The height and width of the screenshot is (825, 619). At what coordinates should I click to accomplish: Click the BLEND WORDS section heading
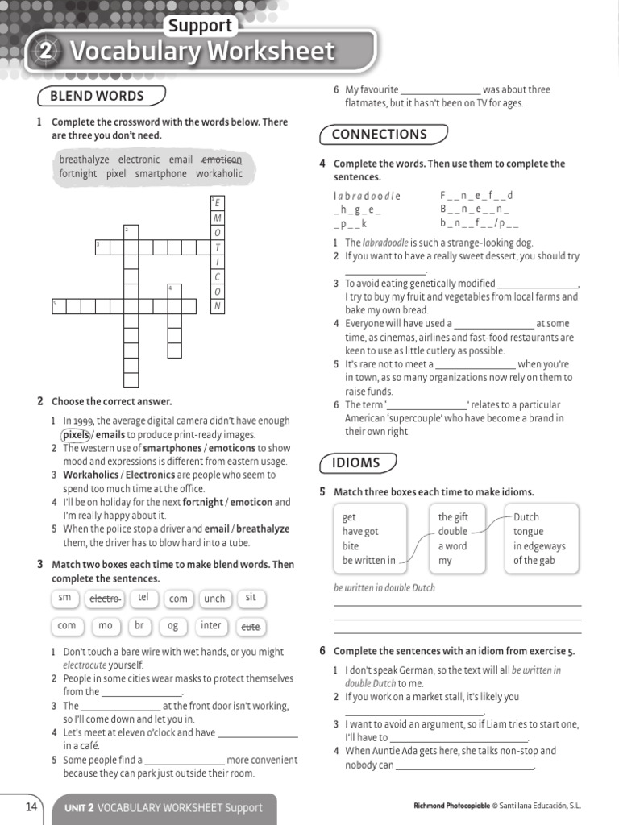click(97, 97)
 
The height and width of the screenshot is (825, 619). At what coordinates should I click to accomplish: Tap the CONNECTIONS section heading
click(379, 135)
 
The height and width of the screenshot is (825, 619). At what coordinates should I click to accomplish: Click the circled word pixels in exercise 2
click(77, 434)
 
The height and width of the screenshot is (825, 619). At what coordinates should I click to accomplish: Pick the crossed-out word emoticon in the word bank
click(221, 160)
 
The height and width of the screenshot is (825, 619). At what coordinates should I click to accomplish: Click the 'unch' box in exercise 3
click(214, 599)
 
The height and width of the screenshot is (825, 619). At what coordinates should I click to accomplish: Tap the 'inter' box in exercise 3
click(211, 626)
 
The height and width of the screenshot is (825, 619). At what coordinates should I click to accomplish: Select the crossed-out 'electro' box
click(105, 599)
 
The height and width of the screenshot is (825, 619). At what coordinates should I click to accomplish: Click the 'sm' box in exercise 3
click(65, 598)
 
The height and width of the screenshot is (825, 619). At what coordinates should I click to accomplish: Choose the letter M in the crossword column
click(218, 218)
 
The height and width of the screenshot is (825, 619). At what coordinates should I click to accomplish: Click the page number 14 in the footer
click(31, 806)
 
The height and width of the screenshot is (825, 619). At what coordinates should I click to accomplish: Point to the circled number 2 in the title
click(46, 52)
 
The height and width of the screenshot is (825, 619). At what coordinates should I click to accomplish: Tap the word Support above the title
click(200, 26)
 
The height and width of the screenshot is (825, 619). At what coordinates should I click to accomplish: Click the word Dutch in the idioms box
click(526, 517)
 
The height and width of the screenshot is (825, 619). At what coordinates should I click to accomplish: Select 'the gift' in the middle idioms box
click(453, 517)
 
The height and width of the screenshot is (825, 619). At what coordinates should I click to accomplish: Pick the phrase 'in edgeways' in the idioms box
click(539, 546)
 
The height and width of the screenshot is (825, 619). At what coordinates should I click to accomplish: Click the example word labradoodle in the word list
click(367, 196)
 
